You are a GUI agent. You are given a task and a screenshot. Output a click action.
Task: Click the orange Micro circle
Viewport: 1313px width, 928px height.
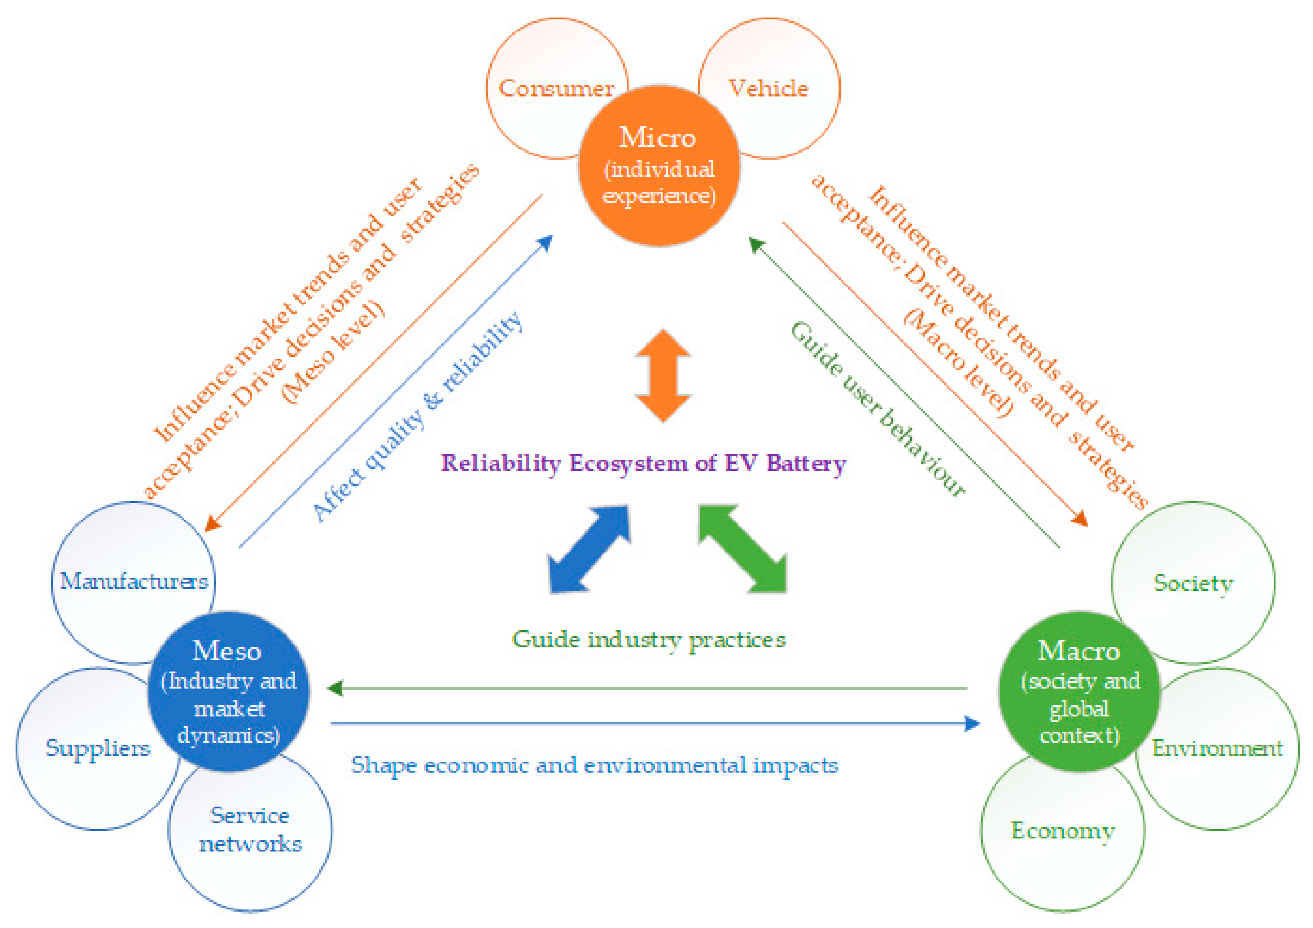click(659, 166)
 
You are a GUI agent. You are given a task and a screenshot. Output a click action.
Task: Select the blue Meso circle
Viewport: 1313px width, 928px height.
click(229, 692)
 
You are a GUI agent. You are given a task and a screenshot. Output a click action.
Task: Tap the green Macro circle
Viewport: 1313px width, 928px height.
click(1079, 692)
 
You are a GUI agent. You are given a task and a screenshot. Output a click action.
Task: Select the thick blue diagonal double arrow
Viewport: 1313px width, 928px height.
click(589, 549)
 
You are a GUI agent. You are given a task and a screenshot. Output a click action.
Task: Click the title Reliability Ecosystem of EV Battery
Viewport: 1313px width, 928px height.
click(643, 463)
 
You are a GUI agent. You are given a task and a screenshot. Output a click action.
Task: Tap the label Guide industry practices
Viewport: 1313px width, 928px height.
click(649, 640)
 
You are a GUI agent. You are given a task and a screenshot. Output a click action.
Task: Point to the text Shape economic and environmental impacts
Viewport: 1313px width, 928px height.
click(595, 766)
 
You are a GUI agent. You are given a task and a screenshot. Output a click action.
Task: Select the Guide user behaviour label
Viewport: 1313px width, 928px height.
click(878, 408)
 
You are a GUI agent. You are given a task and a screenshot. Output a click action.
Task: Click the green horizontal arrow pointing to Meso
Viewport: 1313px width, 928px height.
click(646, 689)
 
